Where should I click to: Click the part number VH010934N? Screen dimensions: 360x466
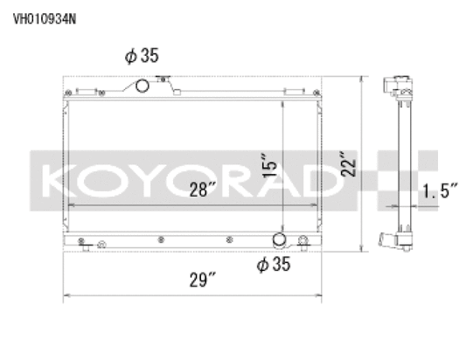click(43, 15)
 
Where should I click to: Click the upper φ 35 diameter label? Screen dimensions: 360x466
click(141, 56)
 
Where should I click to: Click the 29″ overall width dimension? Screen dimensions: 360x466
click(201, 280)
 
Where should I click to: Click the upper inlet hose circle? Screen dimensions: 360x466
click(141, 85)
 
